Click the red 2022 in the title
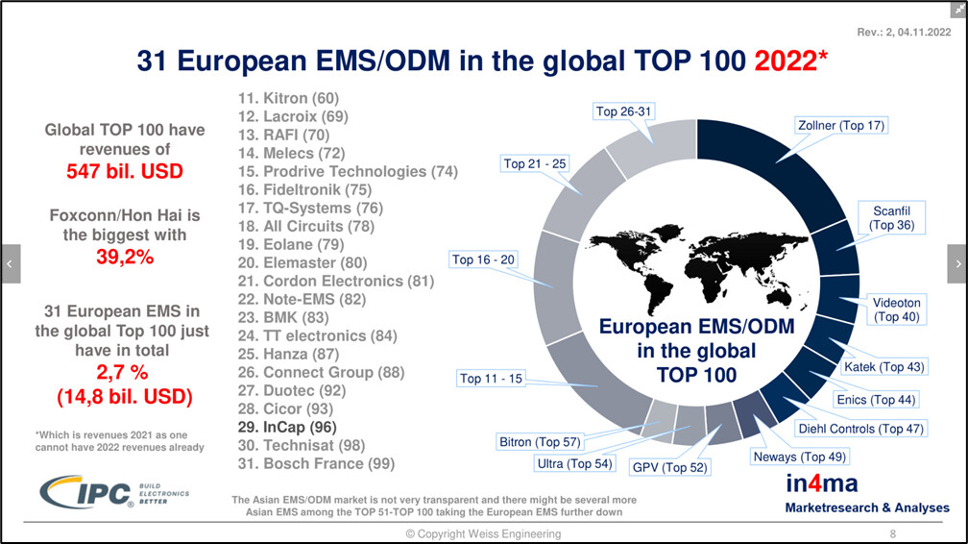(x=786, y=61)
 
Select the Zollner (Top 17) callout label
(x=841, y=126)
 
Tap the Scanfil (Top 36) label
(x=891, y=217)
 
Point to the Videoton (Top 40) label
(x=896, y=309)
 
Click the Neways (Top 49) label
(x=799, y=457)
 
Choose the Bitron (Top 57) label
(x=540, y=442)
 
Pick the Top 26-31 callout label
(x=623, y=111)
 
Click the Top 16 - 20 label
(x=483, y=260)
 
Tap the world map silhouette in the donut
(x=696, y=267)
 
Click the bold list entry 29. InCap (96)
(x=287, y=427)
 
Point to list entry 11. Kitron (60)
(x=288, y=98)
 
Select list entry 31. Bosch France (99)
(x=316, y=463)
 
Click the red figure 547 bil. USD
(x=125, y=171)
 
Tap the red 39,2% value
(x=125, y=257)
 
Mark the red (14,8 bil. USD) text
(x=125, y=396)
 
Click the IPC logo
(x=114, y=492)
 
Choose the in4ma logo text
(x=822, y=483)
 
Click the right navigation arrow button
(x=957, y=264)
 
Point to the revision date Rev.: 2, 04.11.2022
(x=904, y=32)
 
